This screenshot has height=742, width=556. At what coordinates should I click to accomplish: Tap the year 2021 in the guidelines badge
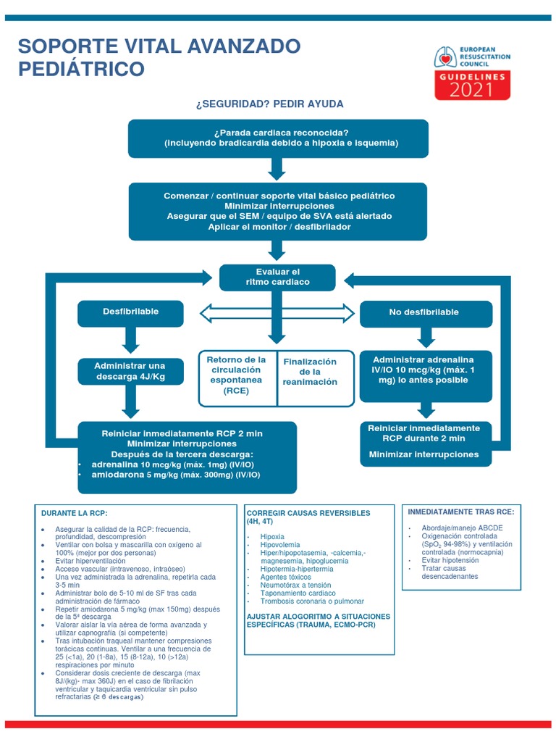pyautogui.click(x=472, y=90)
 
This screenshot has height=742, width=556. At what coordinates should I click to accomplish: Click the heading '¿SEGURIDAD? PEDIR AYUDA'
pyautogui.click(x=269, y=104)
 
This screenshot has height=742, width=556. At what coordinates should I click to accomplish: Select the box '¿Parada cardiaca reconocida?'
pyautogui.click(x=278, y=138)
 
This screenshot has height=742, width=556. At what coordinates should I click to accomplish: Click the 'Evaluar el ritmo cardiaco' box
pyautogui.click(x=277, y=277)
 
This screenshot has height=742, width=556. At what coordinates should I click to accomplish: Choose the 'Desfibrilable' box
pyautogui.click(x=130, y=312)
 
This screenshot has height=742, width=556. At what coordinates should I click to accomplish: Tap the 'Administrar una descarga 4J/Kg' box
pyautogui.click(x=130, y=371)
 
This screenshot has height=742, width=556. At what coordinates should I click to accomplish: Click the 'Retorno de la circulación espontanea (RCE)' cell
pyautogui.click(x=237, y=375)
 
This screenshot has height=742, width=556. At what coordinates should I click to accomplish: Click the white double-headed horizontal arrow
pyautogui.click(x=278, y=313)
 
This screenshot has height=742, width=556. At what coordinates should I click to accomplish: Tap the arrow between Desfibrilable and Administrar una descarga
pyautogui.click(x=130, y=339)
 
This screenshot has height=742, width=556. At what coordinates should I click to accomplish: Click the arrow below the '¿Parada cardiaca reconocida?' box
pyautogui.click(x=277, y=169)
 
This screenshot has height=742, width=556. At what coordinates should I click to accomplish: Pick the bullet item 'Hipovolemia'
pyautogui.click(x=281, y=544)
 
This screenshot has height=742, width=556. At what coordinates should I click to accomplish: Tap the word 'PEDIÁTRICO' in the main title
pyautogui.click(x=81, y=70)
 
